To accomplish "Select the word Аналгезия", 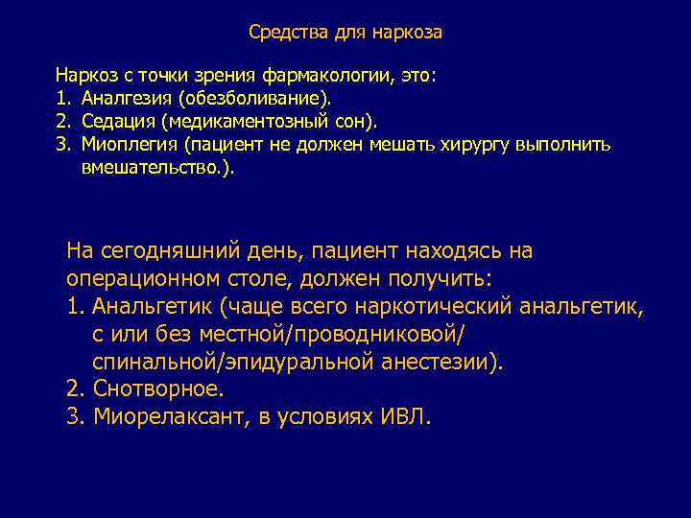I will click(x=122, y=98).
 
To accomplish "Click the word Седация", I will click(x=118, y=122).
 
